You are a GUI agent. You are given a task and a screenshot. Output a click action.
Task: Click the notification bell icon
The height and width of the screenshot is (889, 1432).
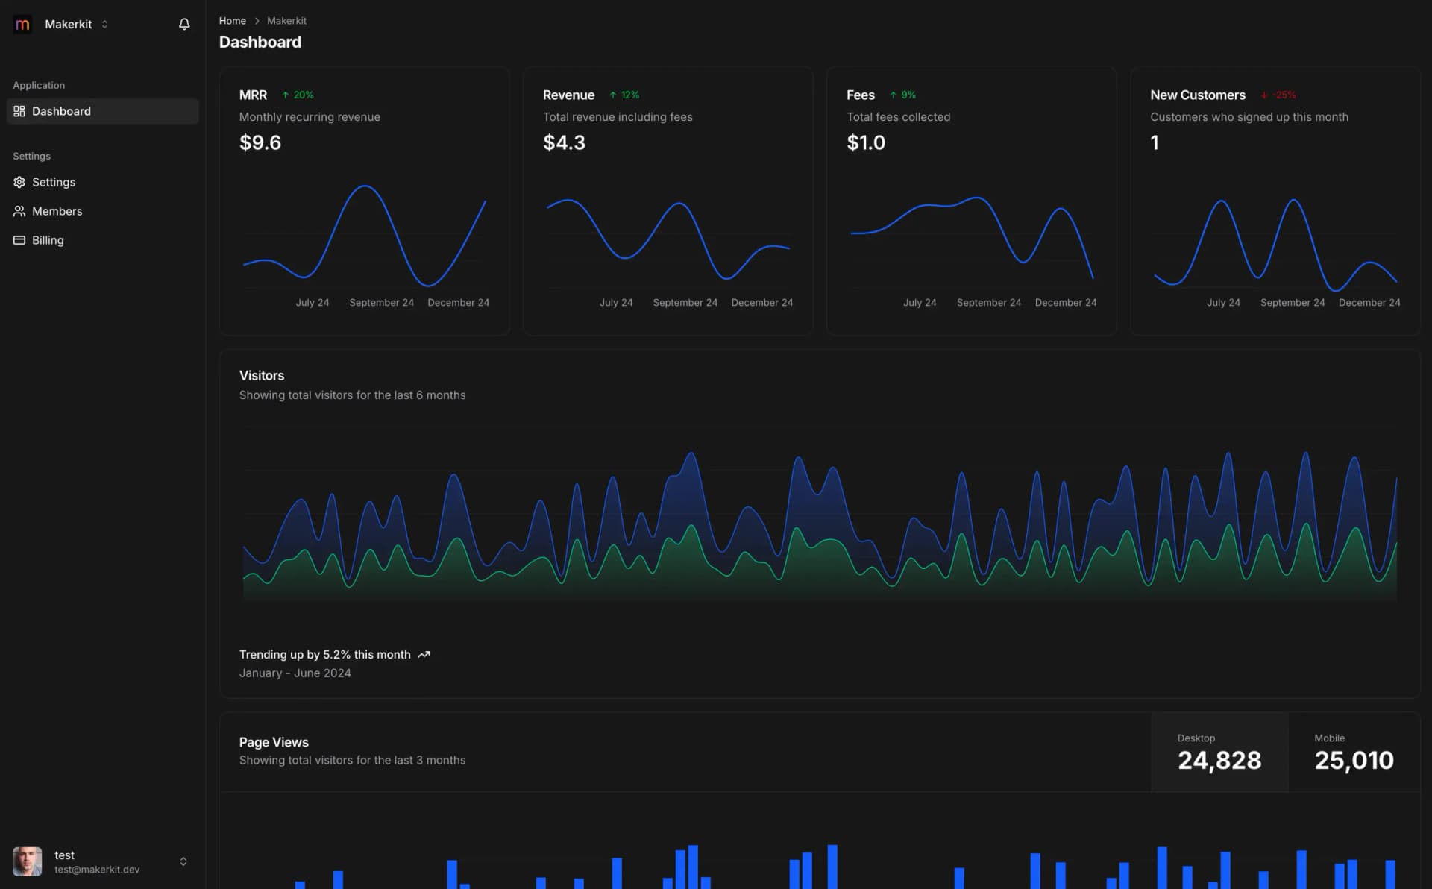[x=184, y=24]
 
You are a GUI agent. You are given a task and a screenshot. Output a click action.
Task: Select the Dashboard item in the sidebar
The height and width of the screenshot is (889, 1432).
[x=61, y=111]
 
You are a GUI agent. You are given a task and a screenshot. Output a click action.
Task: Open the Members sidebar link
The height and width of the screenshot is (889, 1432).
[x=57, y=211]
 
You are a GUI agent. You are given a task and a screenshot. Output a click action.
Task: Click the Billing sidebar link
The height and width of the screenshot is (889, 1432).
[x=48, y=240]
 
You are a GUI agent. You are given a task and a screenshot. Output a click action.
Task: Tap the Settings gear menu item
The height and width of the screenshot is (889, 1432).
[x=53, y=182]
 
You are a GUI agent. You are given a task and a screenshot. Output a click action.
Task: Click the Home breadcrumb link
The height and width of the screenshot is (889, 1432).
[x=232, y=21]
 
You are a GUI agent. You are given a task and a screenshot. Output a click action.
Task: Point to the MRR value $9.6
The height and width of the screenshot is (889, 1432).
[x=260, y=142]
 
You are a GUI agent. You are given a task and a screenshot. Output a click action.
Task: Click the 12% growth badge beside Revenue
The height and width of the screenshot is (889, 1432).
[x=624, y=95]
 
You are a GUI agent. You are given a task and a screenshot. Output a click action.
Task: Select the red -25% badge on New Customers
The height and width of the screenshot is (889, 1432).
[x=1278, y=95]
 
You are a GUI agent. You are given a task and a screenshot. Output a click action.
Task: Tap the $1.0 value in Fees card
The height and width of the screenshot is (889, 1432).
[x=866, y=142]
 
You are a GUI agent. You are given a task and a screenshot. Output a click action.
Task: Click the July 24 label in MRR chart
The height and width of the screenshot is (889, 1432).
[x=312, y=302]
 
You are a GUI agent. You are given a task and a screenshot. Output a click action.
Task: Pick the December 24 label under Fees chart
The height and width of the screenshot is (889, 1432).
[x=1065, y=302]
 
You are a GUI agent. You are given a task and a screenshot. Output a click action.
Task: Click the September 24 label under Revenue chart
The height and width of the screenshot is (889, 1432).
[x=685, y=302]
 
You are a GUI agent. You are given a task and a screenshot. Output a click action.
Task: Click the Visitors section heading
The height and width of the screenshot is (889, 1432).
[x=261, y=375]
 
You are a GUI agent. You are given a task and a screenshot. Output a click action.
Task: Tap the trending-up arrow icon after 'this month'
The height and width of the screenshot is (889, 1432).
[x=424, y=655]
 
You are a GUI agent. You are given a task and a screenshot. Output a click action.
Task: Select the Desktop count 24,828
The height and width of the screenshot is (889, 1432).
[x=1219, y=760]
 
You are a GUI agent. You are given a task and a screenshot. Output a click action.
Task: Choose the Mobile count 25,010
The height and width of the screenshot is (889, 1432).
[x=1354, y=760]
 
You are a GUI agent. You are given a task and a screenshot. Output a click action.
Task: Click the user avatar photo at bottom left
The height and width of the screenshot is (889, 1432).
[x=28, y=861]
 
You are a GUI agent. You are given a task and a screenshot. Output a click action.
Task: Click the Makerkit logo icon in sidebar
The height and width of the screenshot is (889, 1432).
[x=22, y=24]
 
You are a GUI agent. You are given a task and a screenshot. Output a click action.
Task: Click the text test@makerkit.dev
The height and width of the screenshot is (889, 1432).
[x=97, y=870]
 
